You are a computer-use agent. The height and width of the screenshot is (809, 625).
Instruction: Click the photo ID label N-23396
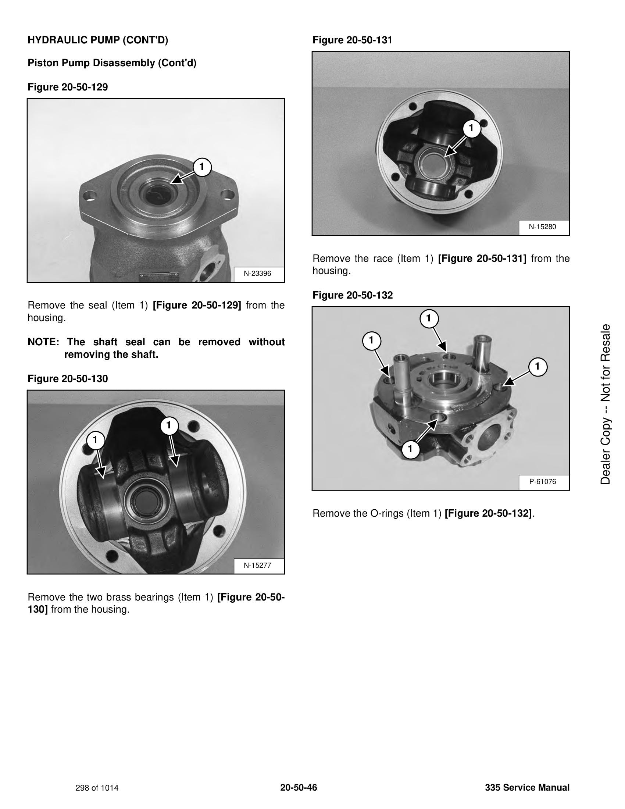pos(257,274)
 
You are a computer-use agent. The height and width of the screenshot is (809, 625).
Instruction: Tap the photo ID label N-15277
pos(257,565)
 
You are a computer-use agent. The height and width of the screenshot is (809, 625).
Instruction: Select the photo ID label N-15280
pos(542,227)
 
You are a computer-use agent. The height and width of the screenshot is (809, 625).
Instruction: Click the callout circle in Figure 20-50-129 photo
pos(201,167)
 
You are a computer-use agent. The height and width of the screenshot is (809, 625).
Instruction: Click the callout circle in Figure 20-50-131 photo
pos(471,128)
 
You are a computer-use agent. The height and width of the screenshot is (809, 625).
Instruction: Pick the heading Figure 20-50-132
pos(353,295)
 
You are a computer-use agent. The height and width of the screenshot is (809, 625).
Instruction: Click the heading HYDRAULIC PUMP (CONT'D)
pos(98,40)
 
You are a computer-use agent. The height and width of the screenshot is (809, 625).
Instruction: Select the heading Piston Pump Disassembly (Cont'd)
pos(112,63)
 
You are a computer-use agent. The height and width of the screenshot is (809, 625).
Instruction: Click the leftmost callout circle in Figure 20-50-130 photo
pos(95,440)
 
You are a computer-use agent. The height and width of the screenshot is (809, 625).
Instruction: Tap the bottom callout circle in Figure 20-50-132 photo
pos(410,449)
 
